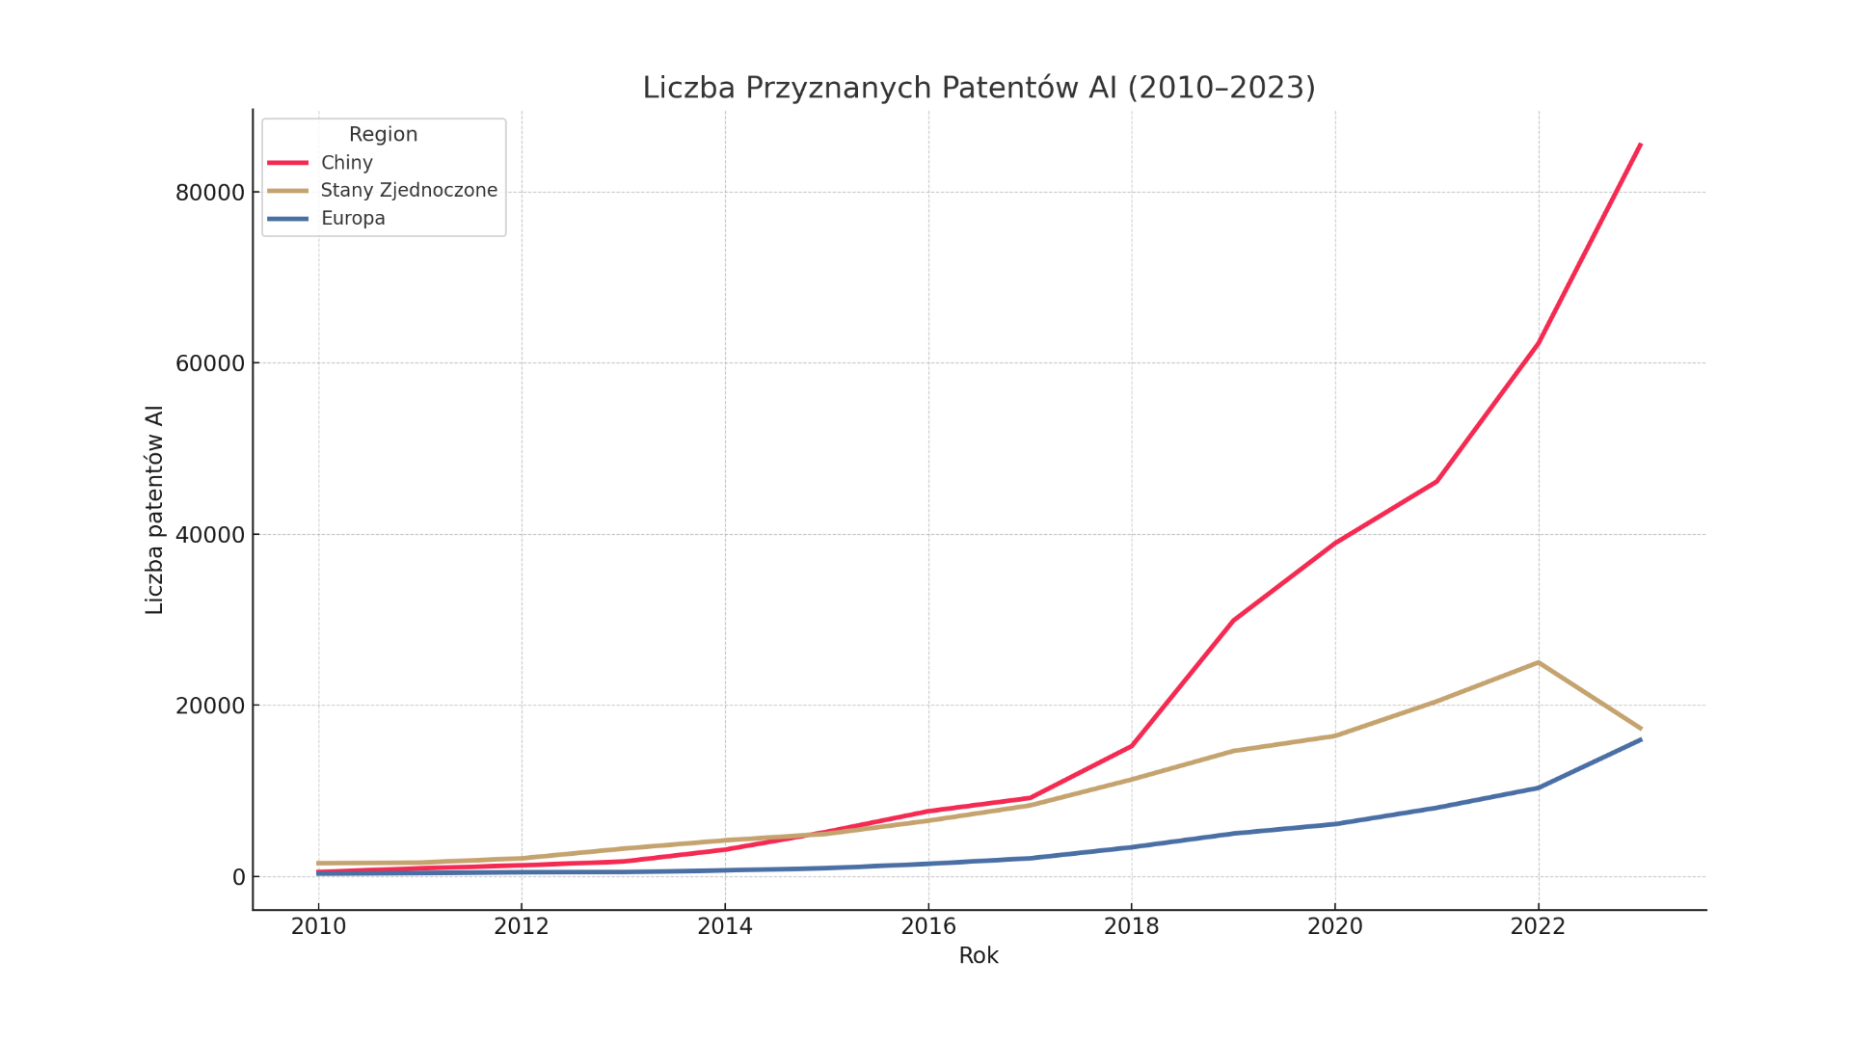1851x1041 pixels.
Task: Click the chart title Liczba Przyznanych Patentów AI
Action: tap(979, 88)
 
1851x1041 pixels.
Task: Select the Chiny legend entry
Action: tap(346, 163)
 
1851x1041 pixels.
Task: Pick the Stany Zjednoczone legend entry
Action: tap(409, 191)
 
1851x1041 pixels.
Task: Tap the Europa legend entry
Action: tap(353, 219)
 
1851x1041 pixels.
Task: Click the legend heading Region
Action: tap(383, 135)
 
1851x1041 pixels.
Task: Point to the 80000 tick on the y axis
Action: tap(210, 193)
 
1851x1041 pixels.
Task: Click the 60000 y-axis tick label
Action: tap(210, 363)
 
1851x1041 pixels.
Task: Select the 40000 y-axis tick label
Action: tap(210, 535)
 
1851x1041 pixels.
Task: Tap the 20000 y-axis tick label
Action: tap(210, 706)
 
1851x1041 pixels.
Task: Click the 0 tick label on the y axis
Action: tap(238, 877)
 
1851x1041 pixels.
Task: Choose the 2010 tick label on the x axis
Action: tap(318, 927)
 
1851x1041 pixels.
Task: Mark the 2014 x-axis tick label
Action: tap(725, 927)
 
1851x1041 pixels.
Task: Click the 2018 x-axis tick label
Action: tap(1132, 927)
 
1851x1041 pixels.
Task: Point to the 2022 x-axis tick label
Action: tap(1538, 927)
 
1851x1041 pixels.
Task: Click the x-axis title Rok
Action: tap(979, 956)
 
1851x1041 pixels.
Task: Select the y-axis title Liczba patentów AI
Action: tap(155, 510)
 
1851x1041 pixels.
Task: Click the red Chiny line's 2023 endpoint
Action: tap(1640, 145)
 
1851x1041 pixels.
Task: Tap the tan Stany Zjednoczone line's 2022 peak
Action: tap(1538, 662)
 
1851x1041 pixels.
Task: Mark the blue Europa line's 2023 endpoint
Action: tap(1640, 740)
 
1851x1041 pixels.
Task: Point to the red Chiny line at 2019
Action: tap(1233, 620)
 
